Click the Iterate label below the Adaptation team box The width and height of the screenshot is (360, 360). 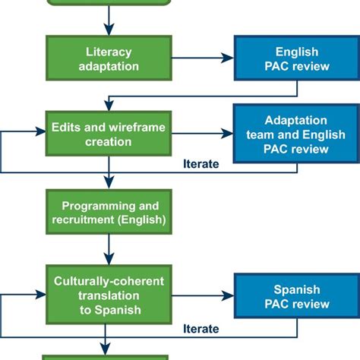201,163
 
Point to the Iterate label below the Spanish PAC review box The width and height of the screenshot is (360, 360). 201,328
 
